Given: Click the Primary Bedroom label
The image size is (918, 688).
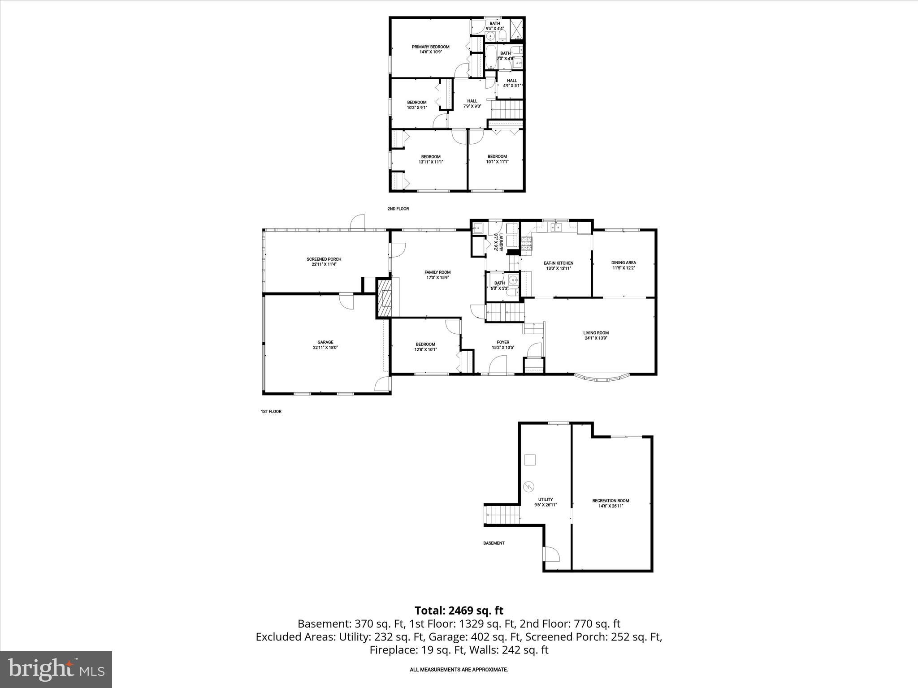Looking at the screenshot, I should click(430, 47).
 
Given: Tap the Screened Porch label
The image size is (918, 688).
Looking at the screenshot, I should click(324, 259).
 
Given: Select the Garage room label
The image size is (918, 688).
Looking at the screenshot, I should click(325, 342).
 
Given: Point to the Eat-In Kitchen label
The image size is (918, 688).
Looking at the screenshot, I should click(558, 263).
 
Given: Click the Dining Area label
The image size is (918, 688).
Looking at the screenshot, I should click(624, 262).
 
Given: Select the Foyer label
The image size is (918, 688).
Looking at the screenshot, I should click(503, 342).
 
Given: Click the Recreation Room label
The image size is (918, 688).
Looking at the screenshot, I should click(611, 501).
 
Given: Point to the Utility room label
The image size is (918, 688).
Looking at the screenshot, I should click(545, 499).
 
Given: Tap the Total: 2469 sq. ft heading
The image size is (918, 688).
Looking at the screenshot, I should click(459, 611).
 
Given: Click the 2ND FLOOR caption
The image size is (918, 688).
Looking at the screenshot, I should click(398, 209).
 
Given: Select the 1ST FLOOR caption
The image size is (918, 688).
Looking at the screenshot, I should click(271, 411).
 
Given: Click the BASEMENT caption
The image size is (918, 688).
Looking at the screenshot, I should click(494, 543).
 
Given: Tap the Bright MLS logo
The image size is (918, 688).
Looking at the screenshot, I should click(56, 669).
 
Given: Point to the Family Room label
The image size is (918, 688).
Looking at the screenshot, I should click(437, 272).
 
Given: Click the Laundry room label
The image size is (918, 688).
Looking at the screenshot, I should click(495, 242).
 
